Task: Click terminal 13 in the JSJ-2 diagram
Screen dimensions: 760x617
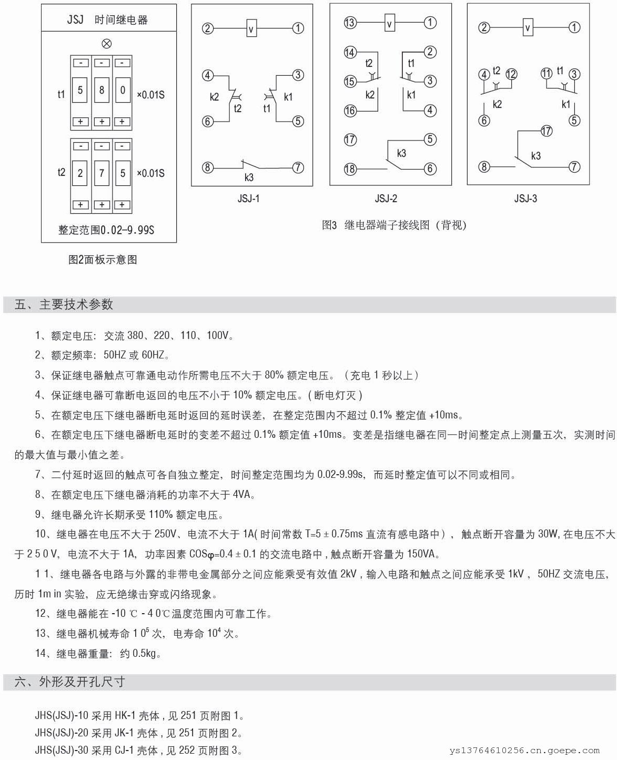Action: pos(350,23)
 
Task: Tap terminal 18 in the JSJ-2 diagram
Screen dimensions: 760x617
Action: pos(350,169)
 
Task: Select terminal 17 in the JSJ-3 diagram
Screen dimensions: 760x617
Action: pos(547,131)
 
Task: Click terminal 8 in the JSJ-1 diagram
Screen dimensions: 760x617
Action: pos(208,167)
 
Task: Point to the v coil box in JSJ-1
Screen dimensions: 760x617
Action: pos(251,28)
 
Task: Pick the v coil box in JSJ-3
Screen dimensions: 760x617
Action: pos(528,27)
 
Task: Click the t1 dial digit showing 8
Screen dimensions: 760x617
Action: pos(102,91)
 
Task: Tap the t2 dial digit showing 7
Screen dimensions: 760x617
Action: pos(102,173)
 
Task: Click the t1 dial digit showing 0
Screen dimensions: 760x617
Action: pos(123,91)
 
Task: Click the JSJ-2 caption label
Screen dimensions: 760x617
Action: pos(386,199)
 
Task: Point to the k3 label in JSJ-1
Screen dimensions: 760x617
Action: pos(249,178)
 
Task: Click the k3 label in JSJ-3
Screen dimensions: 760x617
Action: pos(535,156)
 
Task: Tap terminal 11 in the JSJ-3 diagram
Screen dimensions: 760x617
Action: pos(547,74)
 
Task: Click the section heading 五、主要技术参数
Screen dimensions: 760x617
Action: pos(64,304)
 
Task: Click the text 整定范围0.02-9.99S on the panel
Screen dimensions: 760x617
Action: pos(106,230)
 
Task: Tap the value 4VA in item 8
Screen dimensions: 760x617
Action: pos(244,495)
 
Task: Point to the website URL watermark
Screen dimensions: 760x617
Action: pos(524,751)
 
